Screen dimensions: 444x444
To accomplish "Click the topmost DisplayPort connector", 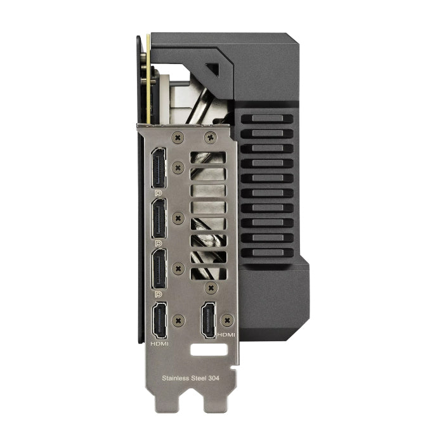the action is (x=159, y=167).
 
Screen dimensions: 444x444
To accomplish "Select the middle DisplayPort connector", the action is (x=159, y=218).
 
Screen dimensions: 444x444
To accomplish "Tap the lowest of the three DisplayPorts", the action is (x=159, y=269).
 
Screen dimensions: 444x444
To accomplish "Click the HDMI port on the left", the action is (x=159, y=320).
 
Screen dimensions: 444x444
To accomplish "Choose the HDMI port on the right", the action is (x=209, y=320).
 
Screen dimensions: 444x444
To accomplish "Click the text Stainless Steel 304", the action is (x=190, y=378).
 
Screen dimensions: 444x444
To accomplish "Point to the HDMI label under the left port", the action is (x=159, y=344).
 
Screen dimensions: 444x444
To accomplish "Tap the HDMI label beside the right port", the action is (x=226, y=335).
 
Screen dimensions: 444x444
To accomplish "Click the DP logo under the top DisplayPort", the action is (x=159, y=193).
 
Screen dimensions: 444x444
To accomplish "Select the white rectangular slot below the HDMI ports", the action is (x=209, y=349).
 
